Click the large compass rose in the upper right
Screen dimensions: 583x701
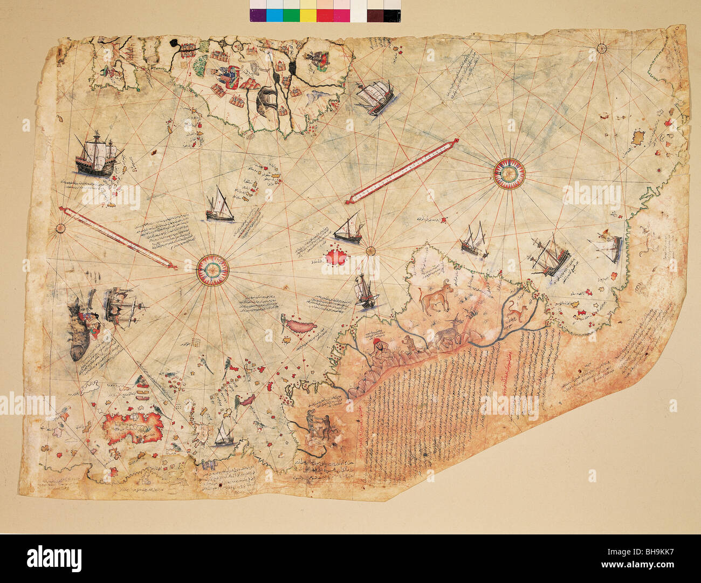tap(509, 173)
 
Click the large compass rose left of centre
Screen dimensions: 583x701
tap(212, 269)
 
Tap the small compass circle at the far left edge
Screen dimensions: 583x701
tap(60, 228)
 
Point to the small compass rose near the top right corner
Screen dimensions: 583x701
tap(602, 49)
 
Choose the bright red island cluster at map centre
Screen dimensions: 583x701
tap(336, 257)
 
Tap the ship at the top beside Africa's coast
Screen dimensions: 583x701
tap(374, 97)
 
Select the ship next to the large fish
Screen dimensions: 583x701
tap(124, 305)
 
